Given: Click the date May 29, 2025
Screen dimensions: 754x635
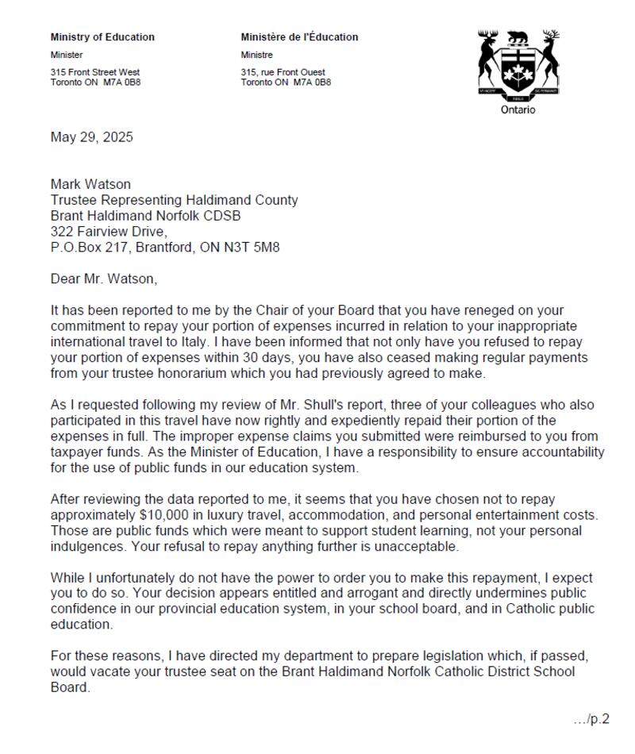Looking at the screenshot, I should [92, 137].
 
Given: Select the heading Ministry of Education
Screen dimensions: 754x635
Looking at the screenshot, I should [102, 37].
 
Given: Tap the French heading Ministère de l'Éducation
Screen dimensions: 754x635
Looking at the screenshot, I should [299, 37].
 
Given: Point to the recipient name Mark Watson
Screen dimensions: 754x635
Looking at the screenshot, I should [90, 184].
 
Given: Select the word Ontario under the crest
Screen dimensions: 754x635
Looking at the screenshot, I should [518, 110].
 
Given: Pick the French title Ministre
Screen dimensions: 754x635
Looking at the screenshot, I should [257, 55].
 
